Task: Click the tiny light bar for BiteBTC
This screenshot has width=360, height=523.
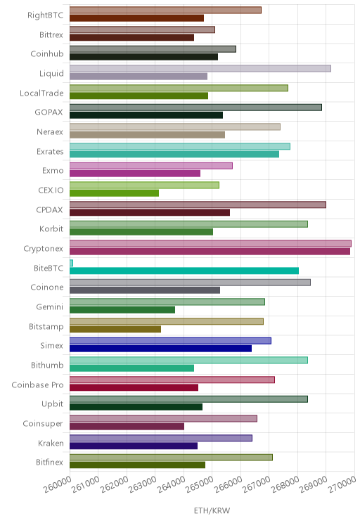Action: pyautogui.click(x=71, y=263)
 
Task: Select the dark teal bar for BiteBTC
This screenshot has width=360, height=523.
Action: pyautogui.click(x=184, y=271)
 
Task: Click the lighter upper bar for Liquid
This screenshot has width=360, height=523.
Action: pyautogui.click(x=200, y=68)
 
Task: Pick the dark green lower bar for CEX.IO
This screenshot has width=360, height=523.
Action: pyautogui.click(x=114, y=193)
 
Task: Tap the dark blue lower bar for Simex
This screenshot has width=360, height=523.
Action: pyautogui.click(x=160, y=349)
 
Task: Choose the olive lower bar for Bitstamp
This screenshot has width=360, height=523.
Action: pyautogui.click(x=115, y=329)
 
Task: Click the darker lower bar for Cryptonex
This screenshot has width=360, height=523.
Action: pyautogui.click(x=210, y=252)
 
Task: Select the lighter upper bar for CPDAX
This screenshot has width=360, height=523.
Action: pyautogui.click(x=198, y=205)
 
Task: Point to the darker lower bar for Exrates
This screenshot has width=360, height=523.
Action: pyautogui.click(x=174, y=154)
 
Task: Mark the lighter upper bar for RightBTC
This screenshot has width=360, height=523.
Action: pyautogui.click(x=165, y=10)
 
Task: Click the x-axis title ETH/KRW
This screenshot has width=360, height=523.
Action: pyautogui.click(x=212, y=510)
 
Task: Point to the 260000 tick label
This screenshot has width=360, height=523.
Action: pyautogui.click(x=58, y=484)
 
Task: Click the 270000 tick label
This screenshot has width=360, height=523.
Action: pyautogui.click(x=342, y=484)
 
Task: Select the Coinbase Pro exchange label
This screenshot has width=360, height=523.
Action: pyautogui.click(x=37, y=385)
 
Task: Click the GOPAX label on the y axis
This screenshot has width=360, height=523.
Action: pyautogui.click(x=49, y=112)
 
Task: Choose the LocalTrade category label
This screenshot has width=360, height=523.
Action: pyautogui.click(x=41, y=93)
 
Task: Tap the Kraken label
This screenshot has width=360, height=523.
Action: pyautogui.click(x=51, y=444)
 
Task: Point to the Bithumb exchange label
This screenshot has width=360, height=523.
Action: pyautogui.click(x=47, y=366)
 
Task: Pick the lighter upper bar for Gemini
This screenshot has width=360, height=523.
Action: pyautogui.click(x=167, y=302)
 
